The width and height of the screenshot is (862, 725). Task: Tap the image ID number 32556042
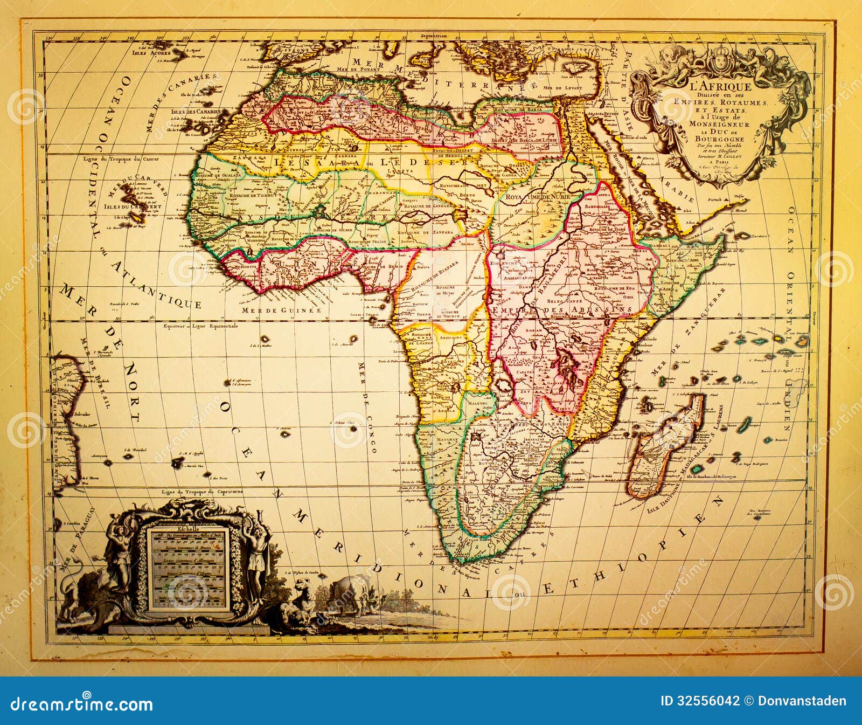[x=706, y=701]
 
